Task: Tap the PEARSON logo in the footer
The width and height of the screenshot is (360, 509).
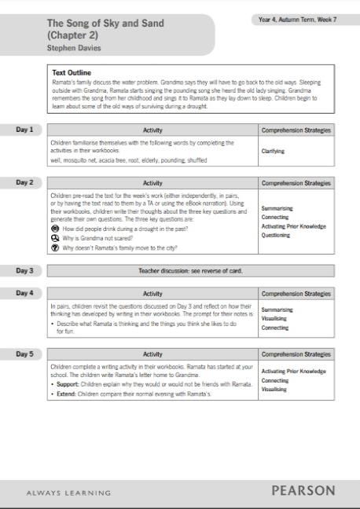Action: (303, 491)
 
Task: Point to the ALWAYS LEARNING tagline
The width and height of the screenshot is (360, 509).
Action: (68, 493)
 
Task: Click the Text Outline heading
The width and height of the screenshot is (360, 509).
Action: (71, 73)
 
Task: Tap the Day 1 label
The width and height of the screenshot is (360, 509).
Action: (25, 129)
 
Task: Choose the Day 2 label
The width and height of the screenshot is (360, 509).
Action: (25, 182)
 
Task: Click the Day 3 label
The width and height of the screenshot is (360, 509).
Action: (25, 270)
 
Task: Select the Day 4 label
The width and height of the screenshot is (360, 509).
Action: (25, 293)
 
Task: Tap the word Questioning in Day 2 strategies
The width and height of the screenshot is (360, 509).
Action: (275, 235)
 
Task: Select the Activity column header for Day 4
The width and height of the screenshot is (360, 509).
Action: (153, 294)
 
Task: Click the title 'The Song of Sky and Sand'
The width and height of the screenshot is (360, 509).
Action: (105, 24)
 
